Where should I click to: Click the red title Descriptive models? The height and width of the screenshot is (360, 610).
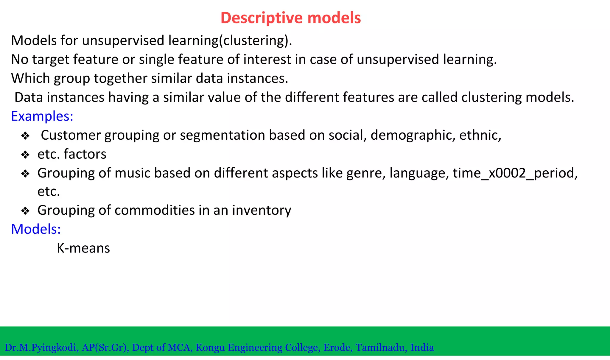291,18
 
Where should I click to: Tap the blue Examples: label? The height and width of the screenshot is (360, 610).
42,116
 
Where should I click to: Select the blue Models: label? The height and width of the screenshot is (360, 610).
36,229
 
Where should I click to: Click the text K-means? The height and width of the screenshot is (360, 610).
83,248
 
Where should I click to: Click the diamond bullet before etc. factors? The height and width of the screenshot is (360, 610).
25,155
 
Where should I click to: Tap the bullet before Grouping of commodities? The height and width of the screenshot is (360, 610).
25,211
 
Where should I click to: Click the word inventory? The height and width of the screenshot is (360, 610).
262,211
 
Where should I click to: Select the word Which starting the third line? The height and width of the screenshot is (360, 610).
30,79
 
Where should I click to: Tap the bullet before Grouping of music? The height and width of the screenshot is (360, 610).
25,174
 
